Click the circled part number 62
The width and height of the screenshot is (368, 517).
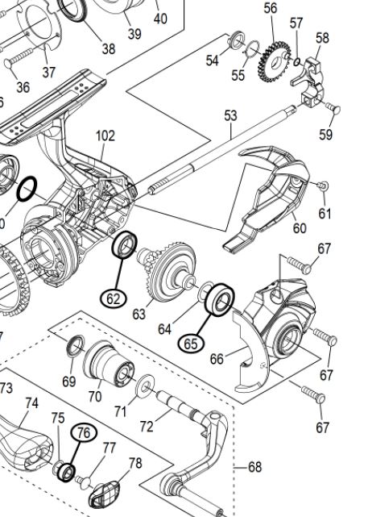pos(113,298)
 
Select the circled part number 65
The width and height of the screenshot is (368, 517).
pos(191,344)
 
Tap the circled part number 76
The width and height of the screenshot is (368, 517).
pos(84,432)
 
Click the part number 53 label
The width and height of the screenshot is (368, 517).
pos(230,115)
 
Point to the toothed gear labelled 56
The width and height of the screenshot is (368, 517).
pos(274,61)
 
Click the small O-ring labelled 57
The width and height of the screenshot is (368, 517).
pos(296,61)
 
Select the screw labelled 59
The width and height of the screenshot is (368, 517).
pos(333,108)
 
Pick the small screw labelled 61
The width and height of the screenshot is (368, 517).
pos(322,186)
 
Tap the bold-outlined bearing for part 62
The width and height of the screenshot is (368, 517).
pos(124,244)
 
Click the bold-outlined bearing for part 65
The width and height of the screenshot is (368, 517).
pos(220,300)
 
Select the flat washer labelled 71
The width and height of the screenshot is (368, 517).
pos(145,386)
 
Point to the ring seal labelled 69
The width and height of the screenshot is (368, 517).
pos(76,345)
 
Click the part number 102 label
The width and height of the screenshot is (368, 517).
pos(105,136)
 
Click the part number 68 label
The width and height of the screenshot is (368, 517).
pos(255,467)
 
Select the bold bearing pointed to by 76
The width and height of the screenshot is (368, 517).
pos(66,473)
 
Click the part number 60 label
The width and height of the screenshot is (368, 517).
pos(300,227)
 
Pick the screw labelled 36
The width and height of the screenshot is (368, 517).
pos(18,60)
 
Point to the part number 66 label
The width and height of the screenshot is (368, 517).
pos(217,359)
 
